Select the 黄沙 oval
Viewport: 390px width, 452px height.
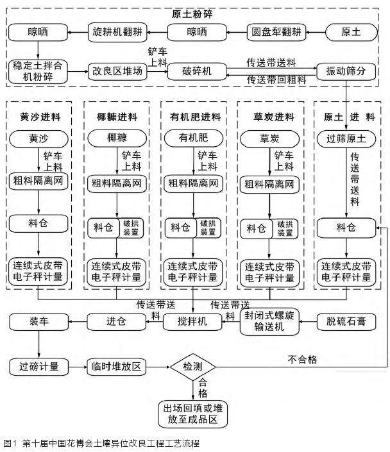[38, 138]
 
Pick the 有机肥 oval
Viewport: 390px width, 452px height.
[193, 138]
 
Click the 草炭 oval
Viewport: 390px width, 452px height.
[269, 138]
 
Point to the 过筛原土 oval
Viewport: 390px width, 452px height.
[346, 138]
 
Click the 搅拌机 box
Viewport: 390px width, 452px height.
[192, 322]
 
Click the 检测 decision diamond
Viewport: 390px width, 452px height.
[193, 367]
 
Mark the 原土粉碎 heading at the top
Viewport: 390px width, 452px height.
[193, 12]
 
